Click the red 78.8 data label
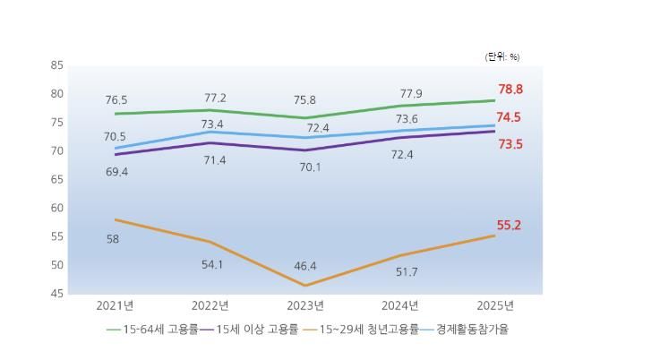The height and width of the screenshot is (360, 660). click(510, 90)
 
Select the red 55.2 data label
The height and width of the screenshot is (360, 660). click(510, 226)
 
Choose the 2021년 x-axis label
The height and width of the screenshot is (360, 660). click(115, 305)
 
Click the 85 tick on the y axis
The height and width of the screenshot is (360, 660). click(57, 65)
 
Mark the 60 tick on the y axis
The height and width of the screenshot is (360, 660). click(57, 208)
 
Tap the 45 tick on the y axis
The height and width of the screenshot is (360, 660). click(57, 294)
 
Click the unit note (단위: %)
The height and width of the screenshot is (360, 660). click(501, 56)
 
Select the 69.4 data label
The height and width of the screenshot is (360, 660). click(116, 171)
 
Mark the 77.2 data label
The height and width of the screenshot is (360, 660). click(212, 98)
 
